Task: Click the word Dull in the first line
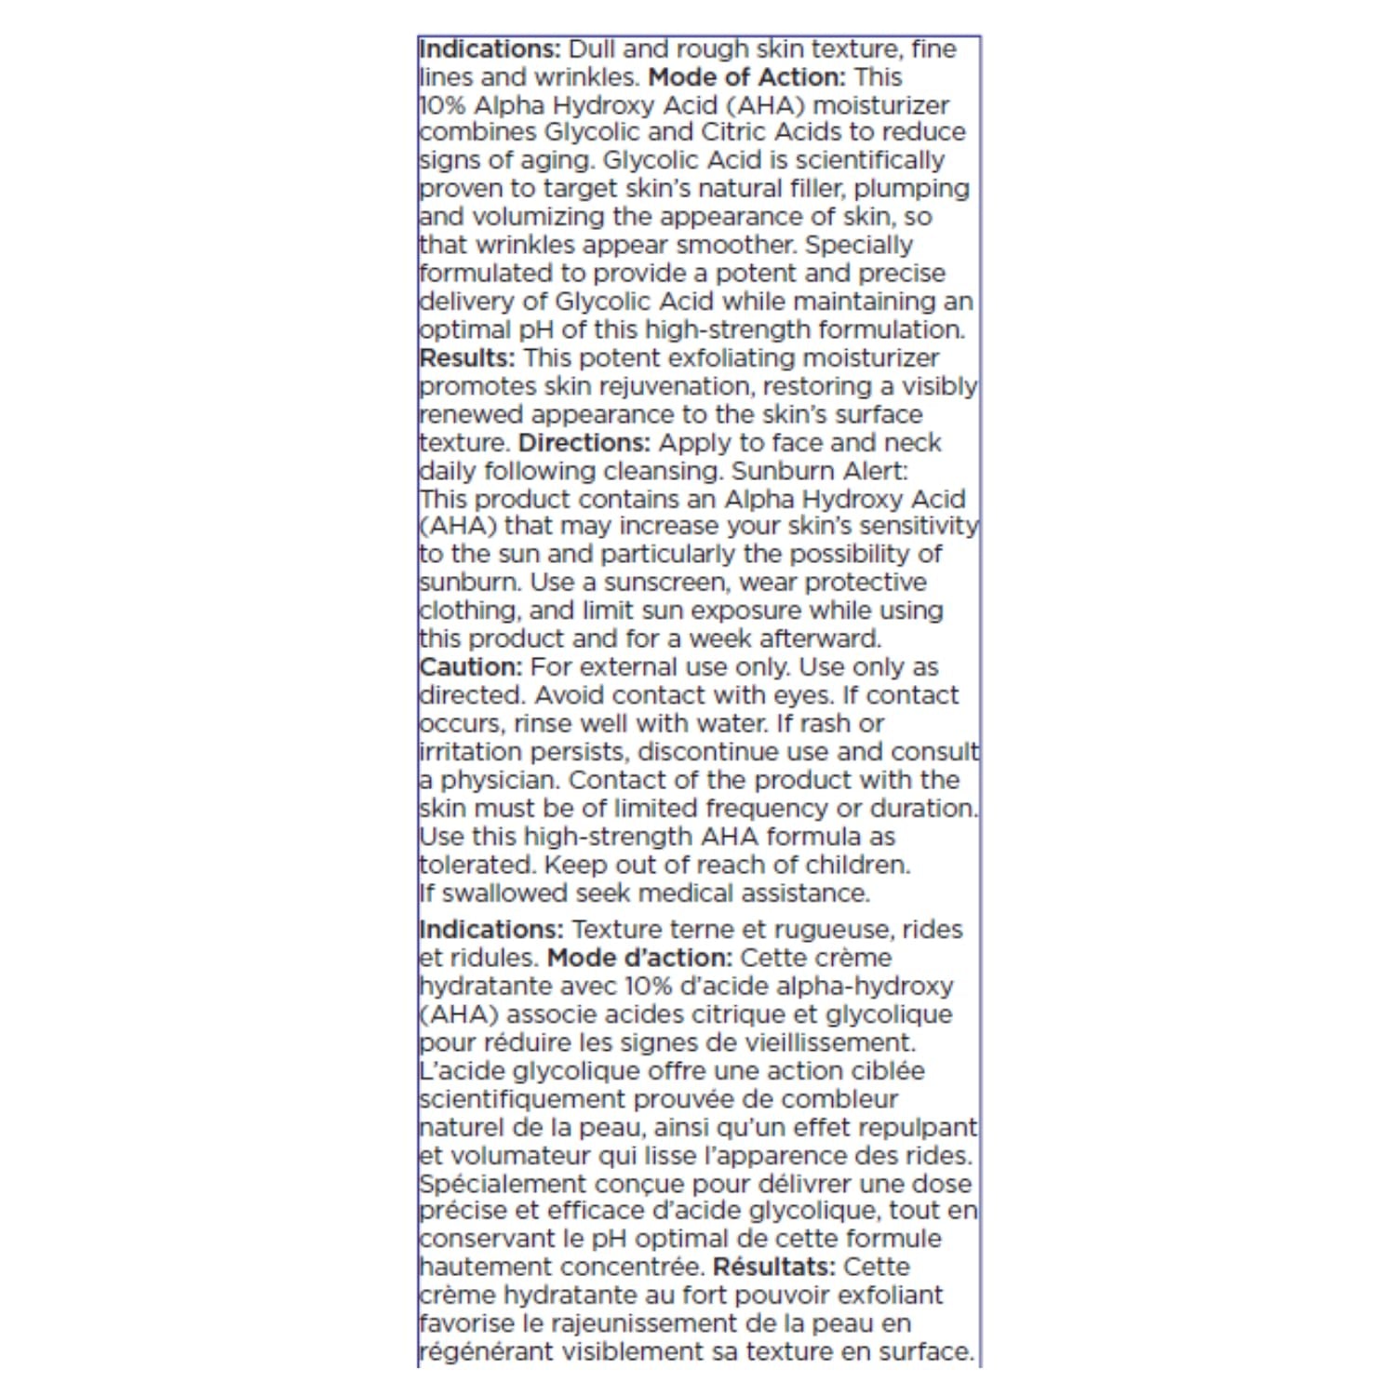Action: (x=593, y=48)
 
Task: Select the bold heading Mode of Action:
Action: (x=746, y=76)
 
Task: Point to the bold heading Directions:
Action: (x=584, y=443)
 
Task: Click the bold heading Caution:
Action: (x=471, y=667)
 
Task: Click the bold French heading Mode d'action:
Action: (x=640, y=958)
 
